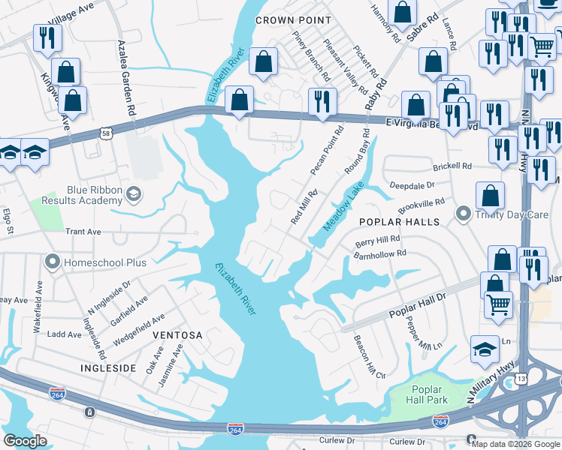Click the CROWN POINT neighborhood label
tap(293, 20)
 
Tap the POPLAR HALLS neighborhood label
tap(398, 222)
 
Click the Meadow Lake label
tap(343, 206)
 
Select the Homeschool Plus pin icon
tap(52, 262)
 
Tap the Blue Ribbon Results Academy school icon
tap(133, 194)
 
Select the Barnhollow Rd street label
tap(380, 254)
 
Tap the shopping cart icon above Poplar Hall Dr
tap(497, 305)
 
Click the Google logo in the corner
tap(26, 441)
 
